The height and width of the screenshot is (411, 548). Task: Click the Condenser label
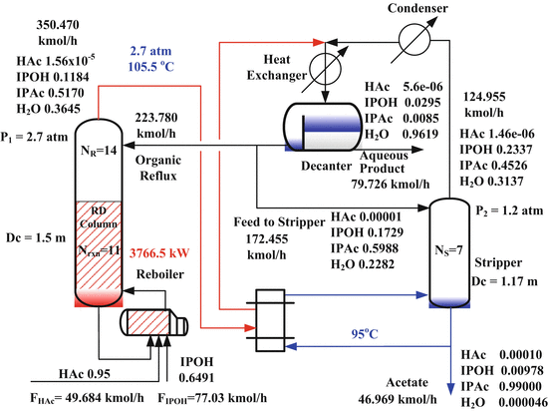411,11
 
